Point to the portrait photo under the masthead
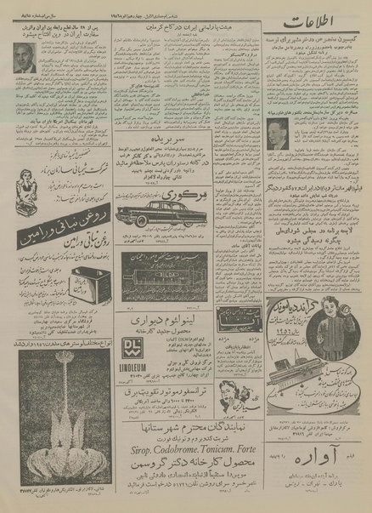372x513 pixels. (x=276, y=131)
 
